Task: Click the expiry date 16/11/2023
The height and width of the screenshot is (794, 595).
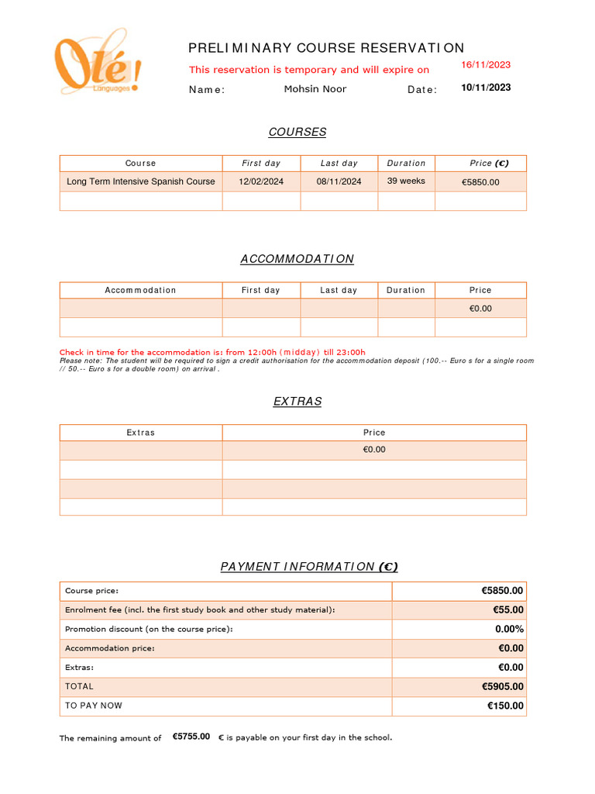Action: tap(486, 65)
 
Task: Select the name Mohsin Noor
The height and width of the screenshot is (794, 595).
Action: tap(315, 89)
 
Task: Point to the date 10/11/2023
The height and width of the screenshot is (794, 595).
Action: tap(486, 88)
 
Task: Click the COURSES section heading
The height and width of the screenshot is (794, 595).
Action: tap(297, 132)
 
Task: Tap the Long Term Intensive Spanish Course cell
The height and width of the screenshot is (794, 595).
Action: tap(141, 181)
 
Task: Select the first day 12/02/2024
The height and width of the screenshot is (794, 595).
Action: tap(261, 181)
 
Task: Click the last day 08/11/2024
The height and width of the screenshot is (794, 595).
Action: tap(339, 181)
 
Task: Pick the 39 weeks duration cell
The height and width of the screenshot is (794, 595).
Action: tap(406, 181)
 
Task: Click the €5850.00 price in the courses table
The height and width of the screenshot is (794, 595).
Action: tap(480, 182)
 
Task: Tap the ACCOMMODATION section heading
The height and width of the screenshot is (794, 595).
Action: tap(297, 259)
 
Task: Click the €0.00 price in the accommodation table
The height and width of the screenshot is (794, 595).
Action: tap(480, 309)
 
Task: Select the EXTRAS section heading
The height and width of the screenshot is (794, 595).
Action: tap(297, 402)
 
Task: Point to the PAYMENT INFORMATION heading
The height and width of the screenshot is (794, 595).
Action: tap(309, 567)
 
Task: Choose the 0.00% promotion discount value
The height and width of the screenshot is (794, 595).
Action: tap(509, 630)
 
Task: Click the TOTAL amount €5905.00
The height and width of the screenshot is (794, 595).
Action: tap(502, 687)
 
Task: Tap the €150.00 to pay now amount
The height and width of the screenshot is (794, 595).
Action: tap(505, 706)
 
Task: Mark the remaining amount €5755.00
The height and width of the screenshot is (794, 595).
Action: tap(191, 737)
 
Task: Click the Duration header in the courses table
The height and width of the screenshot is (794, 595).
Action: tap(406, 164)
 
